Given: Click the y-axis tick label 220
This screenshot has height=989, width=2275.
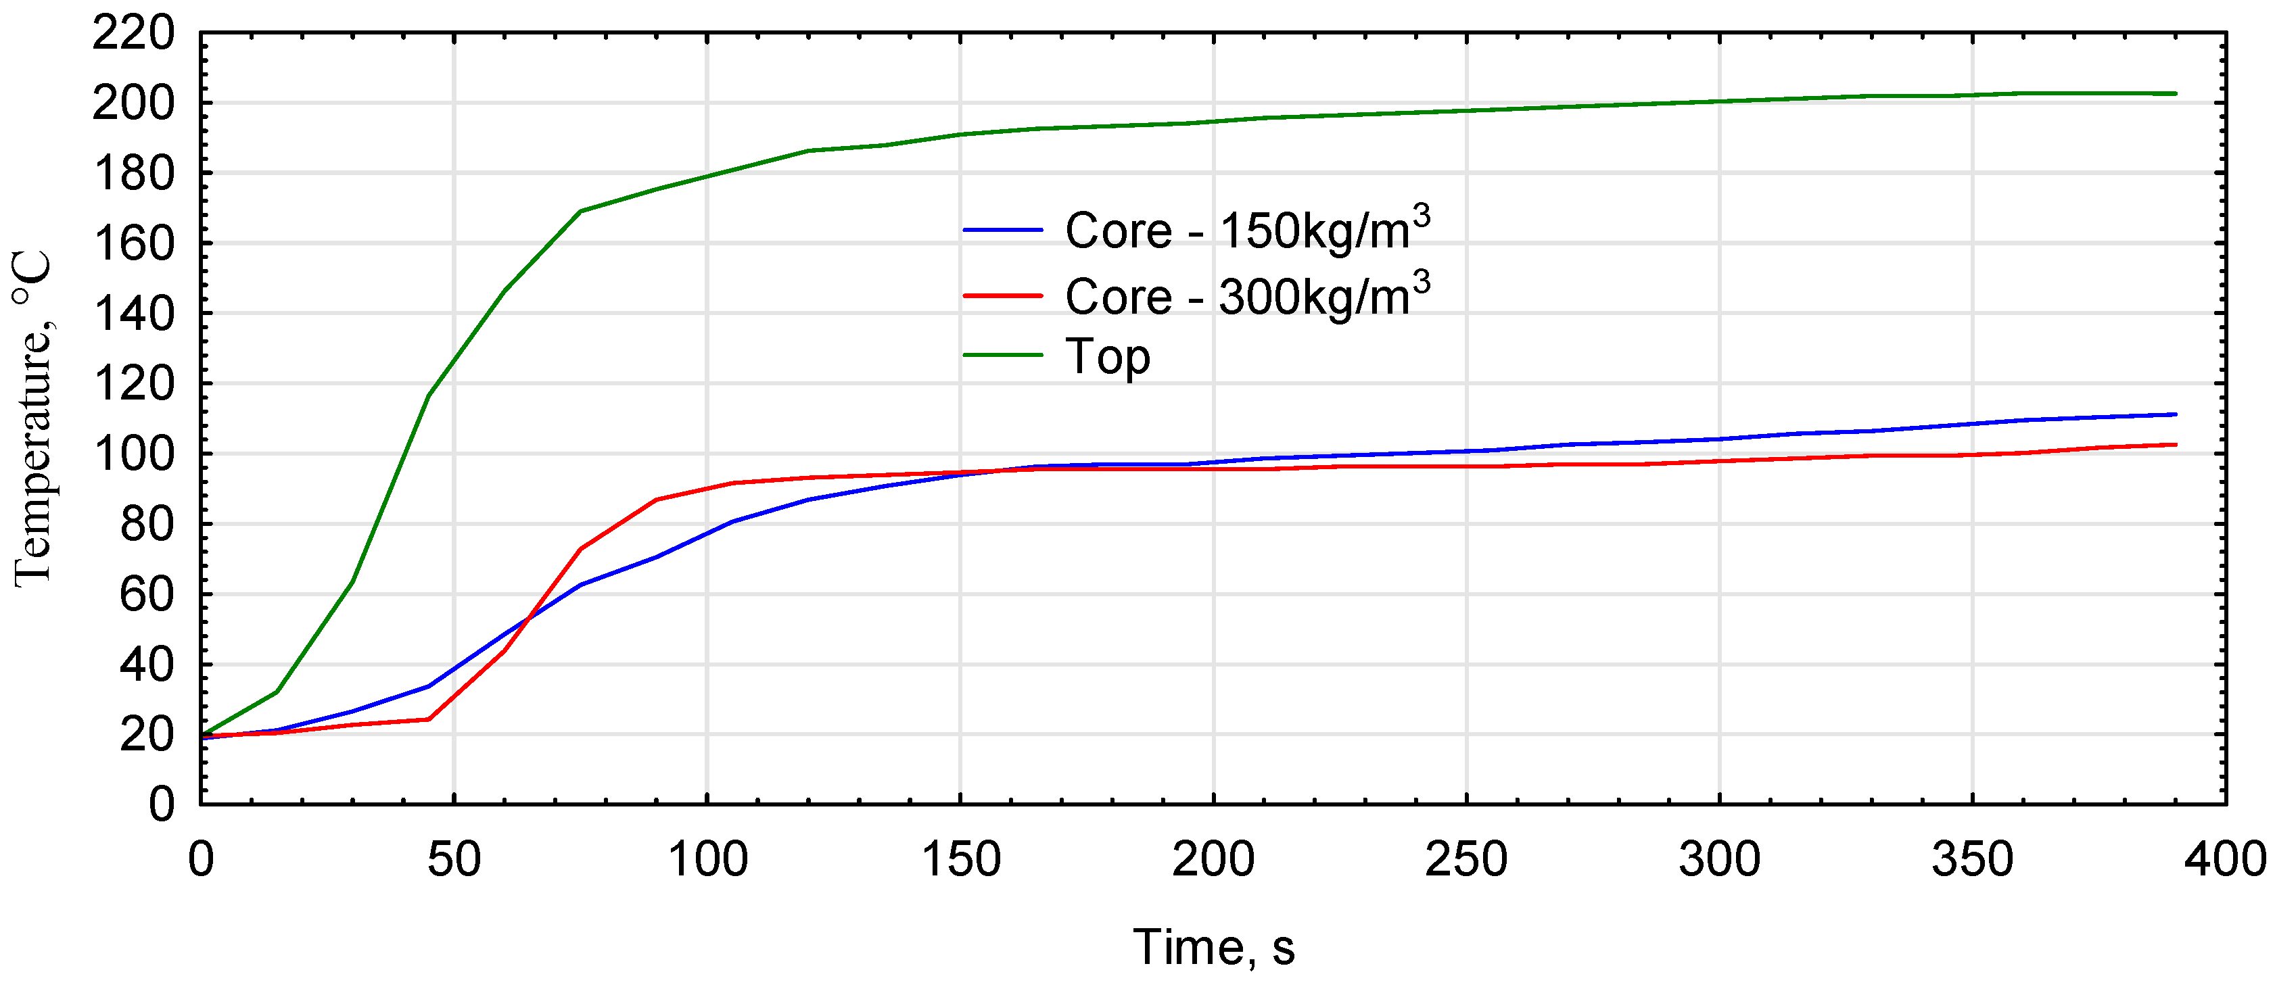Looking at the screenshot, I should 133,35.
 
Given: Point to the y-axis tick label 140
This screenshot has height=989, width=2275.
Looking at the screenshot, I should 133,315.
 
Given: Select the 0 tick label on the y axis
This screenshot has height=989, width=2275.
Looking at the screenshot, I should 161,804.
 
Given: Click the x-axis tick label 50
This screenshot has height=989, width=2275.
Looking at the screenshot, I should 454,859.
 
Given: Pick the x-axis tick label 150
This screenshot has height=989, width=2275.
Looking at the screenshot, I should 961,859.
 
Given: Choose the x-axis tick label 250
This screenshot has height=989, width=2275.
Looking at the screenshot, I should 1466,859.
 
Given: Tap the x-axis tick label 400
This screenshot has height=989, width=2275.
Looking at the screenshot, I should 2225,859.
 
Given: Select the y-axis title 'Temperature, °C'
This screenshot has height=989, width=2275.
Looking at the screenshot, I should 34,419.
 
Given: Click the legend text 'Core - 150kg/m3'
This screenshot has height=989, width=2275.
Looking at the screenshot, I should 1247,230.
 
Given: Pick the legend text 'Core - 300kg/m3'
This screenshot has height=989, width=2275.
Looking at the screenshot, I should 1247,296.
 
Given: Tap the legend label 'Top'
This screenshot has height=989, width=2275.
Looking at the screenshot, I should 1108,357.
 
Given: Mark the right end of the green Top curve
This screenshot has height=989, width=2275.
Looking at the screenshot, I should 2175,93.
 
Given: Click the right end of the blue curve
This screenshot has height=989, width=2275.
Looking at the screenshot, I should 2175,414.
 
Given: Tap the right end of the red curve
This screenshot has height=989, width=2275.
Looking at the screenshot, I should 2175,445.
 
